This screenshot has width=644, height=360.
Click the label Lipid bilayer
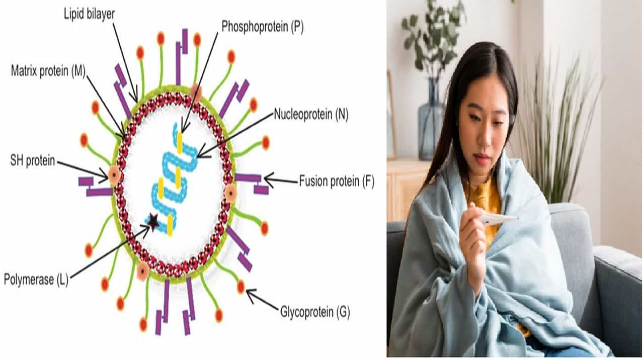[x=89, y=14]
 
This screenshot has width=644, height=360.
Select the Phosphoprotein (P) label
[x=262, y=27]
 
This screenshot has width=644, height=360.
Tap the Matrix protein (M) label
[x=48, y=70]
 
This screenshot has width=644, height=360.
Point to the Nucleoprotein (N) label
[x=311, y=115]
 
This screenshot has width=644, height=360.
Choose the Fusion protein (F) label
[x=337, y=181]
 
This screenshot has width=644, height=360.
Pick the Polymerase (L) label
[x=35, y=279]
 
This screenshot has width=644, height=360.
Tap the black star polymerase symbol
[x=152, y=220]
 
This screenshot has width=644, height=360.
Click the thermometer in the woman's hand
[x=498, y=218]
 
